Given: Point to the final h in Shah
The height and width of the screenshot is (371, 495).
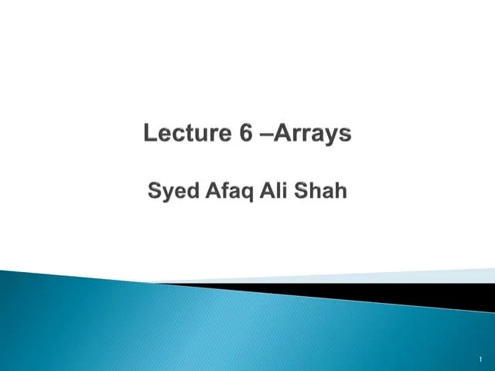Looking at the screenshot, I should pos(340,189).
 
